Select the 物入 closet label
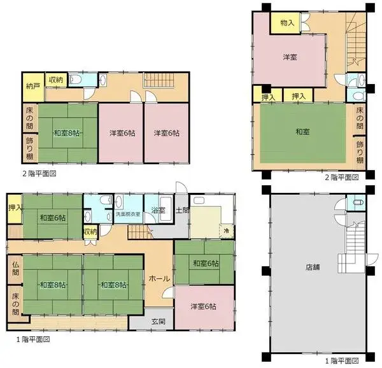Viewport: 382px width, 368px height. pyautogui.click(x=287, y=23)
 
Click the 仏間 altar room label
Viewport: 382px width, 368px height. pyautogui.click(x=15, y=267)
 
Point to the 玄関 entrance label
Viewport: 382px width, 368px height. pyautogui.click(x=158, y=322)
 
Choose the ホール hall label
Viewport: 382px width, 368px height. pyautogui.click(x=158, y=278)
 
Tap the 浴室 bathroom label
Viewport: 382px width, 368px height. pyautogui.click(x=158, y=210)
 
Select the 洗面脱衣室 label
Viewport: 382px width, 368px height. pyautogui.click(x=129, y=215)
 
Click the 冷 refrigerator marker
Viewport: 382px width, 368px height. pyautogui.click(x=226, y=230)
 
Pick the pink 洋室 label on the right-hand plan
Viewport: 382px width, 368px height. pyautogui.click(x=290, y=58)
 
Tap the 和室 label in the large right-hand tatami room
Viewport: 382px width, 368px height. pyautogui.click(x=303, y=132)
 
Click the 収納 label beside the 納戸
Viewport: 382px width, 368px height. pyautogui.click(x=55, y=80)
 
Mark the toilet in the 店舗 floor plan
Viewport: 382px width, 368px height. pyautogui.click(x=358, y=203)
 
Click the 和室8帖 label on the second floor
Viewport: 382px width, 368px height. pyautogui.click(x=66, y=133)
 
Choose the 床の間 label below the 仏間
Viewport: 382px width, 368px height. pyautogui.click(x=15, y=303)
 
